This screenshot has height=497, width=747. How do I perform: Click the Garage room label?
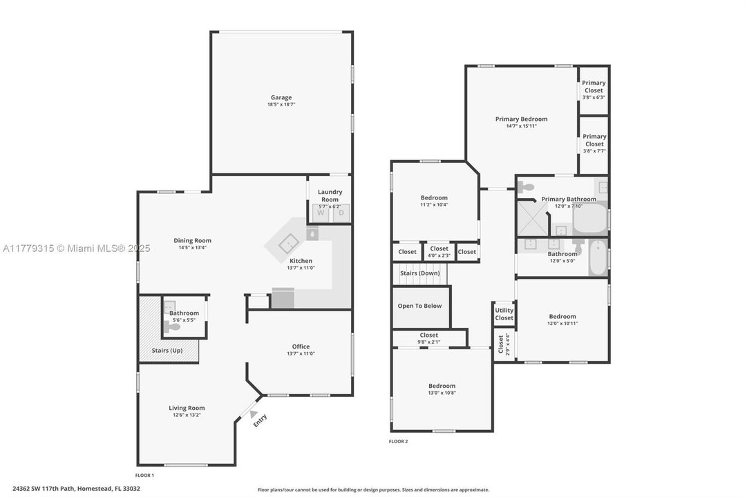click(281, 97)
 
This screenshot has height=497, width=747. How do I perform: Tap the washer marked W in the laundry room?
click(321, 213)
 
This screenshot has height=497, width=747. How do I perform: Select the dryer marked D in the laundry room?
click(340, 213)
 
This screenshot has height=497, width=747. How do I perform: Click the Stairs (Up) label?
click(168, 351)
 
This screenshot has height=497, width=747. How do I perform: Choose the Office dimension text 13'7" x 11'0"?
click(301, 354)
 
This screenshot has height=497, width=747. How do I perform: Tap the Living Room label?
click(187, 408)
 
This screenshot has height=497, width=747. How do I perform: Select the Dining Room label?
click(192, 240)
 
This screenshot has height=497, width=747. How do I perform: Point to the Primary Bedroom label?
click(521, 119)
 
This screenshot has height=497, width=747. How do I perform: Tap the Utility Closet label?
click(504, 314)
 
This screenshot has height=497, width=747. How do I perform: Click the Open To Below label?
click(419, 306)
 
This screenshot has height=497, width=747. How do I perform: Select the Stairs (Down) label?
click(420, 273)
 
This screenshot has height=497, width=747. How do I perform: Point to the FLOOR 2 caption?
click(399, 441)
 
